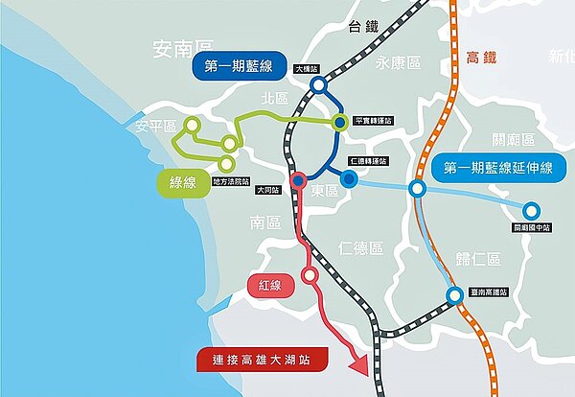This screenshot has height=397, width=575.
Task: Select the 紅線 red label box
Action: tap(269, 286)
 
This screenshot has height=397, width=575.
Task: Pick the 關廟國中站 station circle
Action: tap(533, 210)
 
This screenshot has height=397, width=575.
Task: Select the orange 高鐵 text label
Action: tap(483, 58)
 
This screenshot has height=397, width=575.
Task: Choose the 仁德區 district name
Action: tap(360, 248)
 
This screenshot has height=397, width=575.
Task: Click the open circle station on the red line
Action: tap(310, 275)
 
